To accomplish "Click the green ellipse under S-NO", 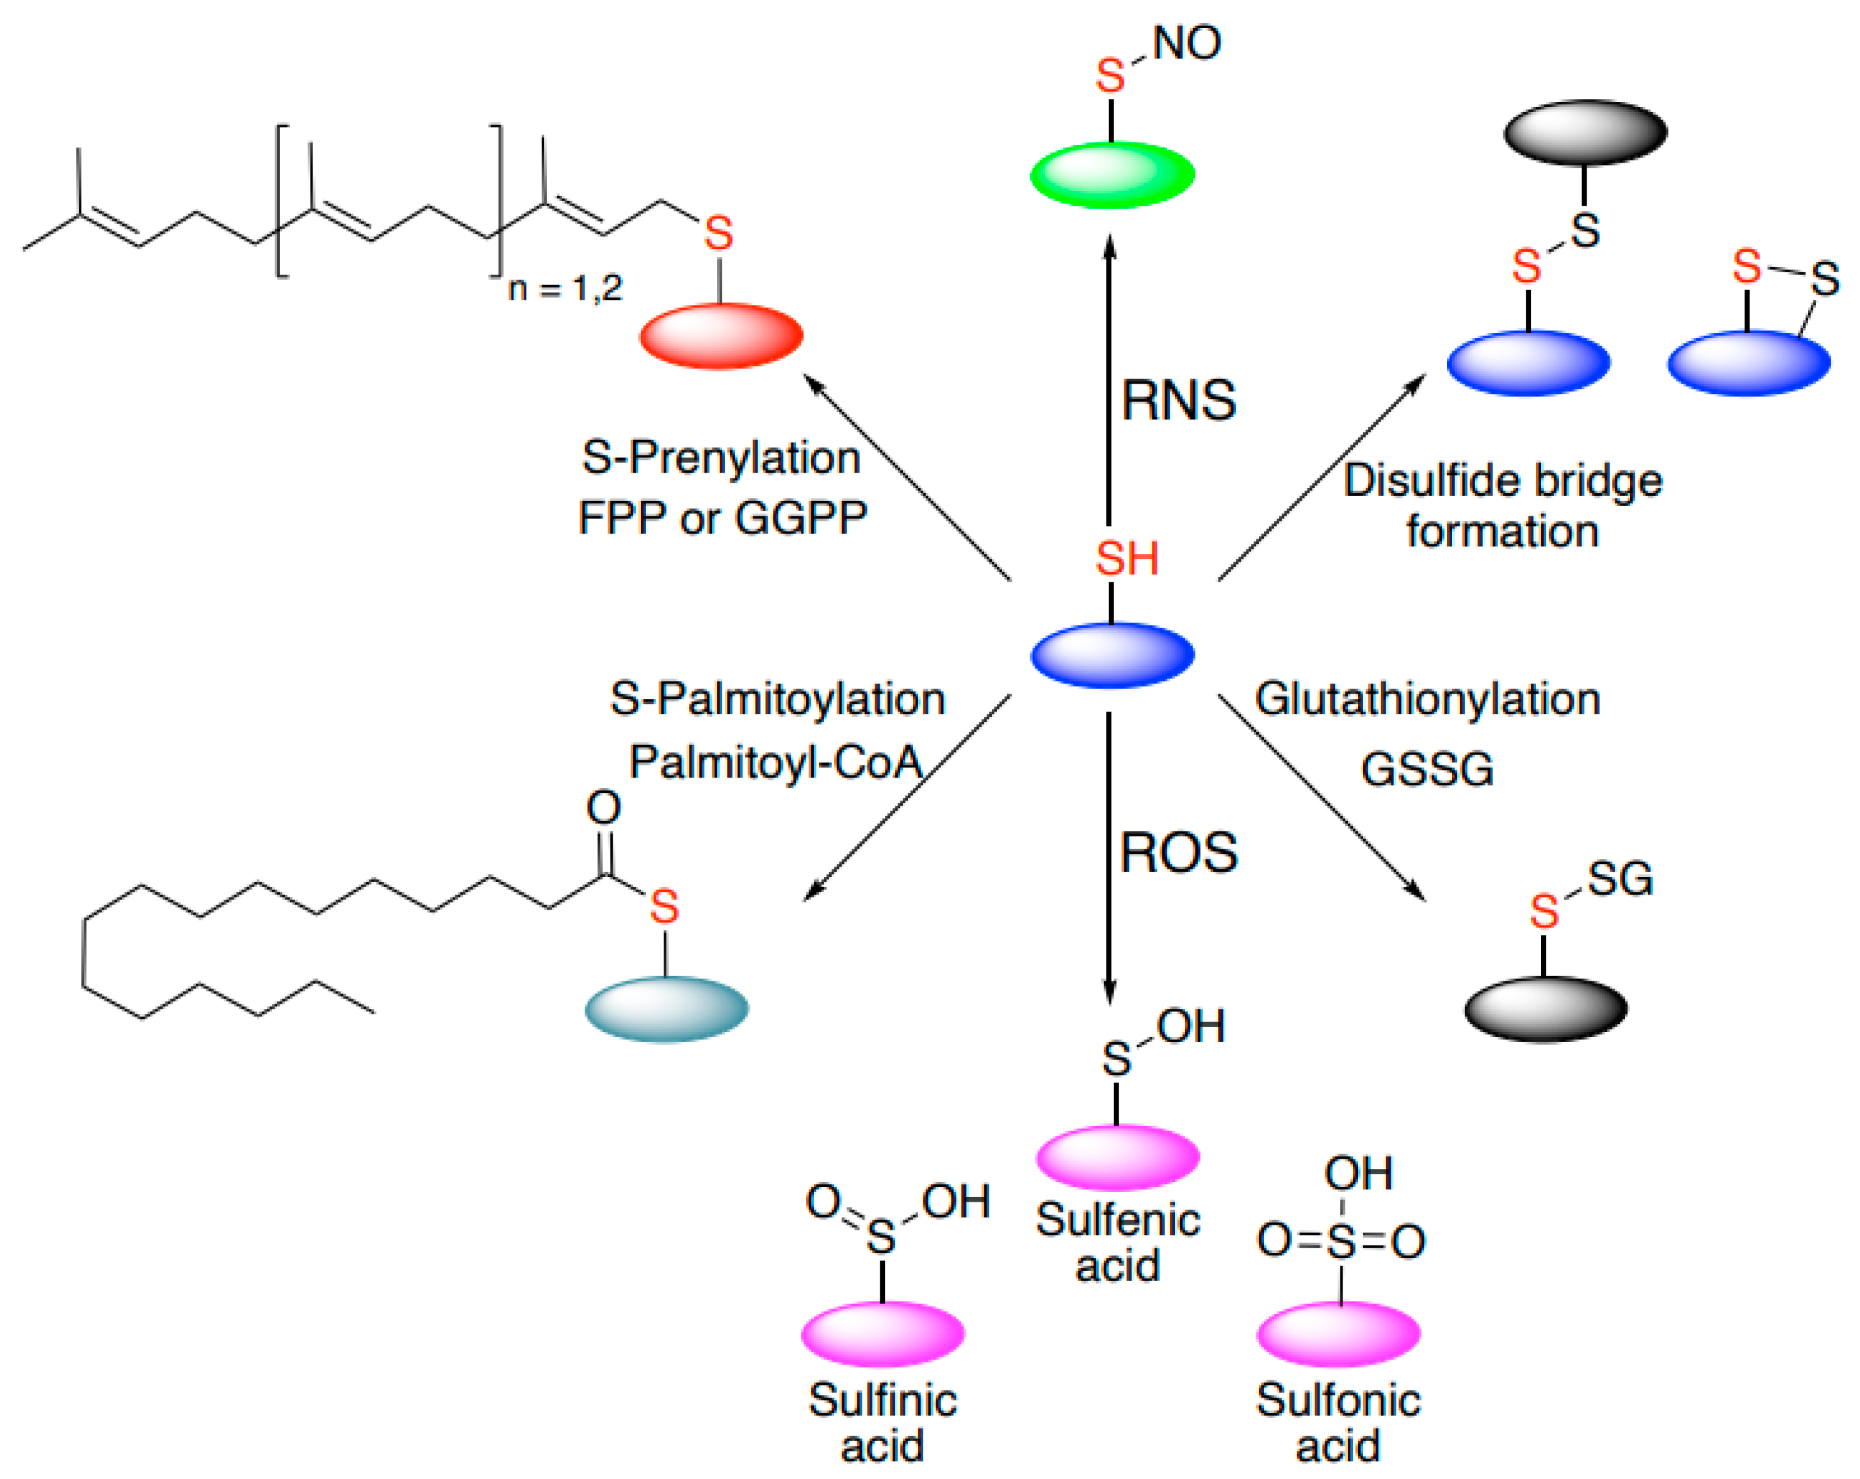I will point(1112,175).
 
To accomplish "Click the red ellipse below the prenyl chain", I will point(721,336).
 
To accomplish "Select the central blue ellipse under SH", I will point(1112,655).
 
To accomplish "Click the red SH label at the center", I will point(1127,559).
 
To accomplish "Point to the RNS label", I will point(1179,400).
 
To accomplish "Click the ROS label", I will point(1179,853).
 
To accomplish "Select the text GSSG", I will point(1427,769).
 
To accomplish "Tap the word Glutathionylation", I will point(1428,699).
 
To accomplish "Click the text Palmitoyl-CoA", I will point(775,762).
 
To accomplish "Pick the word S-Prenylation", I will point(721,457).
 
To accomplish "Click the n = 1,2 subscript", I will point(565,288).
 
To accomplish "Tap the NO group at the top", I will point(1187,43).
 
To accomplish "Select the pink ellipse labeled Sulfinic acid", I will point(882,1333).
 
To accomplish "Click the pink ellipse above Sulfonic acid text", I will point(1338,1333).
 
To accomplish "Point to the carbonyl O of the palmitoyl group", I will point(603,808).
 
